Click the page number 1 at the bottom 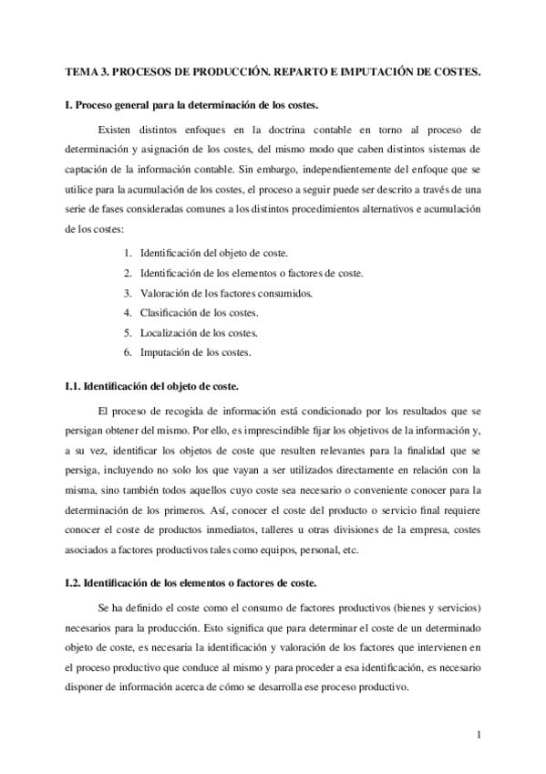(x=479, y=732)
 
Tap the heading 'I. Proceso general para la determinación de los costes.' (x=191, y=107)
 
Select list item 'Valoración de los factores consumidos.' (x=226, y=293)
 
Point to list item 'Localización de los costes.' (x=199, y=333)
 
